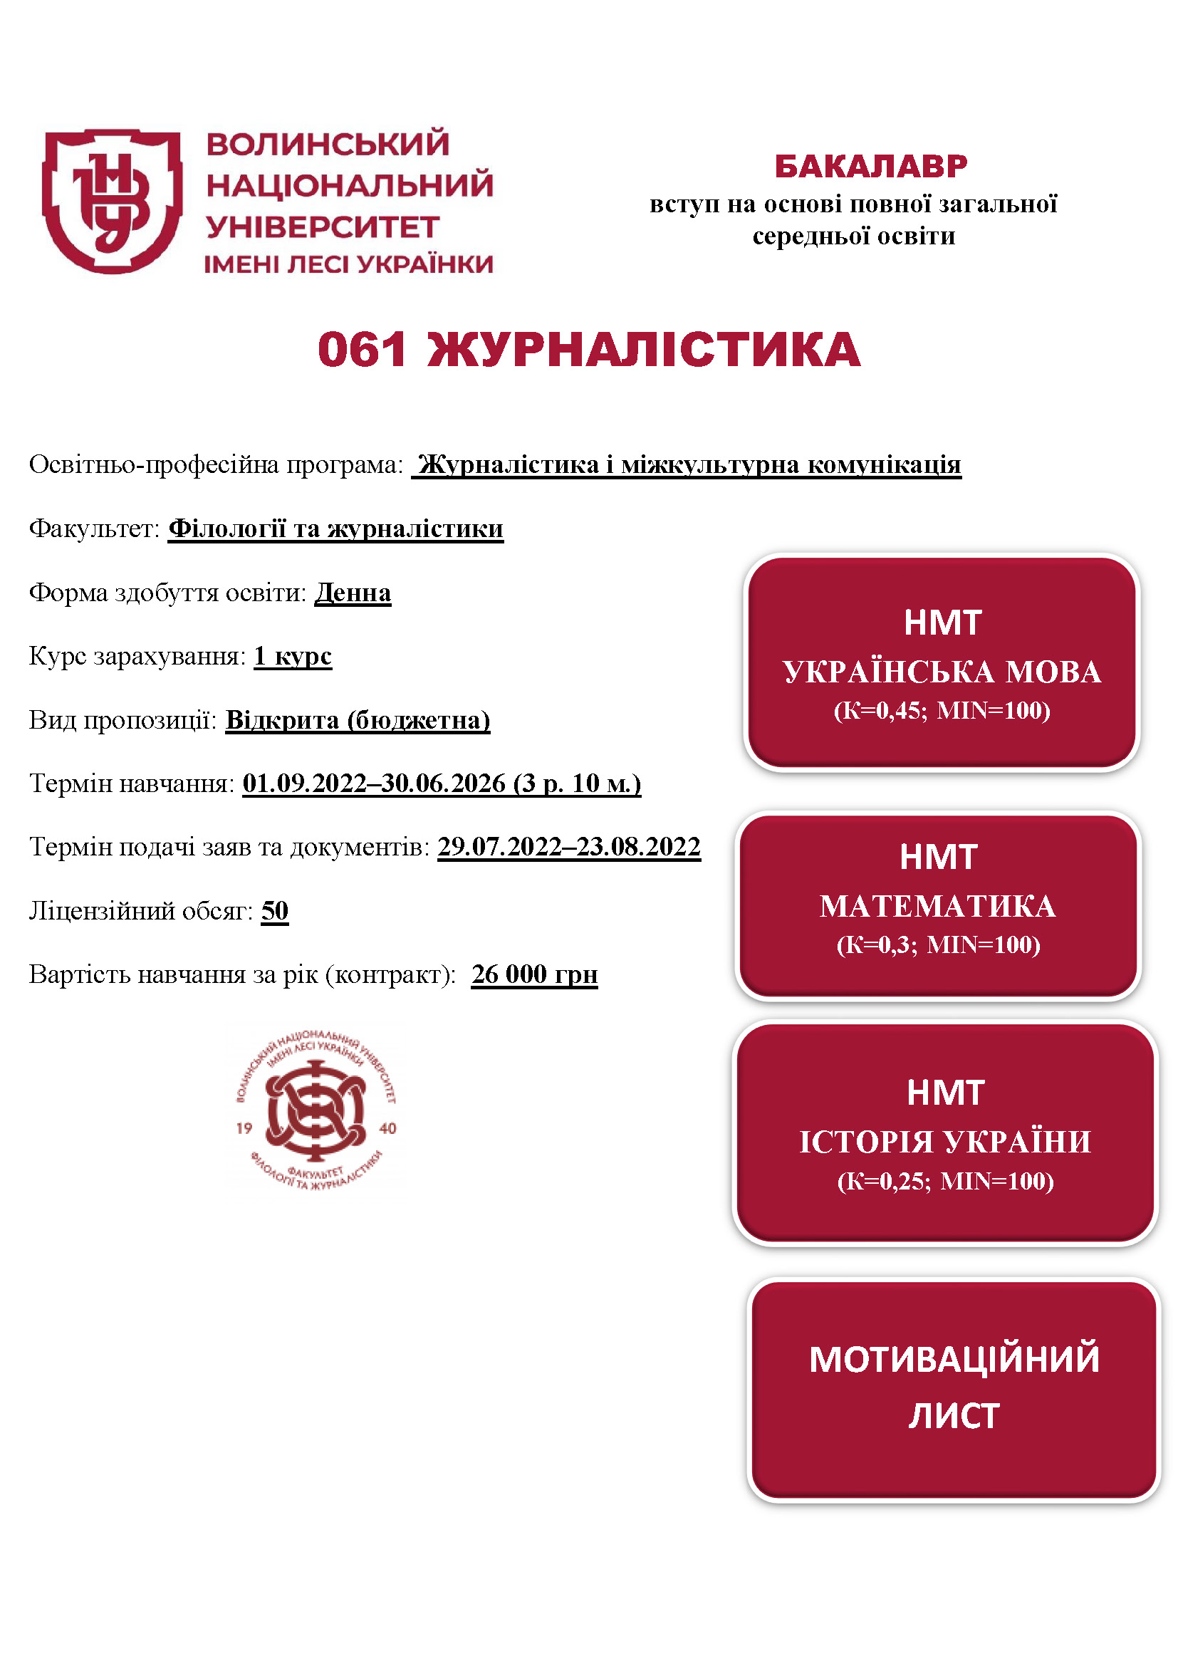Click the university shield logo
tap(113, 201)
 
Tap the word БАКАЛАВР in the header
tap(870, 166)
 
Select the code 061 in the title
tap(362, 350)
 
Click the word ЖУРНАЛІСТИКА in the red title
tap(643, 350)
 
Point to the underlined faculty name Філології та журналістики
tap(335, 529)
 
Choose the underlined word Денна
tap(353, 593)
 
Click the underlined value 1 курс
tap(293, 656)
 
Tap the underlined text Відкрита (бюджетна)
tap(358, 720)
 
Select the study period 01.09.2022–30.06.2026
tap(375, 783)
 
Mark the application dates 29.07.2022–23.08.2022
tap(568, 847)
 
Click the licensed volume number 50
tap(275, 911)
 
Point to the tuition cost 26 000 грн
tap(535, 974)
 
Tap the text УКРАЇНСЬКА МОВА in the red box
tap(942, 672)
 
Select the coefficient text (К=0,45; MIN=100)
tap(942, 710)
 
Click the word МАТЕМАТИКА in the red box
tap(938, 906)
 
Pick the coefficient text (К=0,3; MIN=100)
tap(938, 944)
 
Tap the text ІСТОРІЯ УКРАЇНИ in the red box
tap(944, 1141)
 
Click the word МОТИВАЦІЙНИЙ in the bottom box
tap(954, 1359)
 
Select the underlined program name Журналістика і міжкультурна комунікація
tap(689, 464)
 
